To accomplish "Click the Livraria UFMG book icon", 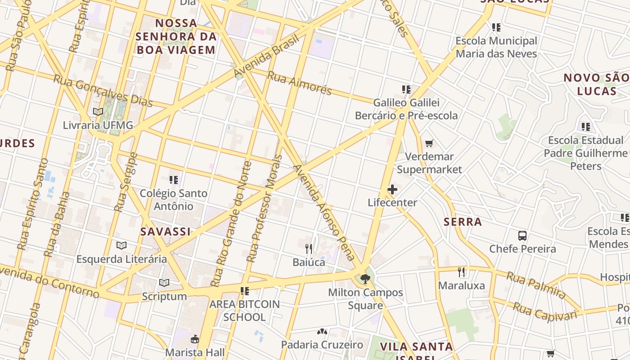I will [98, 112].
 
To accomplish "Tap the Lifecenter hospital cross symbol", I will [392, 189].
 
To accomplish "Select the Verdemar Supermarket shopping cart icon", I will [429, 144].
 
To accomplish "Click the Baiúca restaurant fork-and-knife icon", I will [309, 248].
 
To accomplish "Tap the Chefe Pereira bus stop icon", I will [522, 235].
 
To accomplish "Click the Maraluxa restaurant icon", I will [461, 272].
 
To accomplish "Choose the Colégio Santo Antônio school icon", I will [174, 180].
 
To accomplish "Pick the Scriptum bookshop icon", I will [164, 283].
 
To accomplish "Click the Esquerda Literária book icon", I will [121, 246].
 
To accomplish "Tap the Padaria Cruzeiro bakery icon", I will [322, 332].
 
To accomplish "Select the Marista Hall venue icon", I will [195, 338].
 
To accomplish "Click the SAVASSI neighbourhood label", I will [165, 232].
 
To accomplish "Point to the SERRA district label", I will [463, 222].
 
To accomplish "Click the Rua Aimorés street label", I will [299, 83].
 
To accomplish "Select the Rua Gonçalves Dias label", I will [103, 91].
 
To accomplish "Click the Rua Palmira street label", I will [536, 285].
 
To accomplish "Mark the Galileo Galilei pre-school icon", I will [406, 90].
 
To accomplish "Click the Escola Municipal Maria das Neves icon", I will [496, 27].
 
